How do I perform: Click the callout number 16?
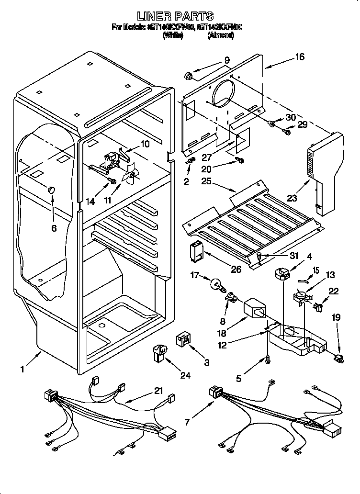299,57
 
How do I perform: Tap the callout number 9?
226,60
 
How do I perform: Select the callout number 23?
292,197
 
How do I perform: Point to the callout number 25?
205,181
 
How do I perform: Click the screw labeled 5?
268,359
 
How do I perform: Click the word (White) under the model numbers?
173,35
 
